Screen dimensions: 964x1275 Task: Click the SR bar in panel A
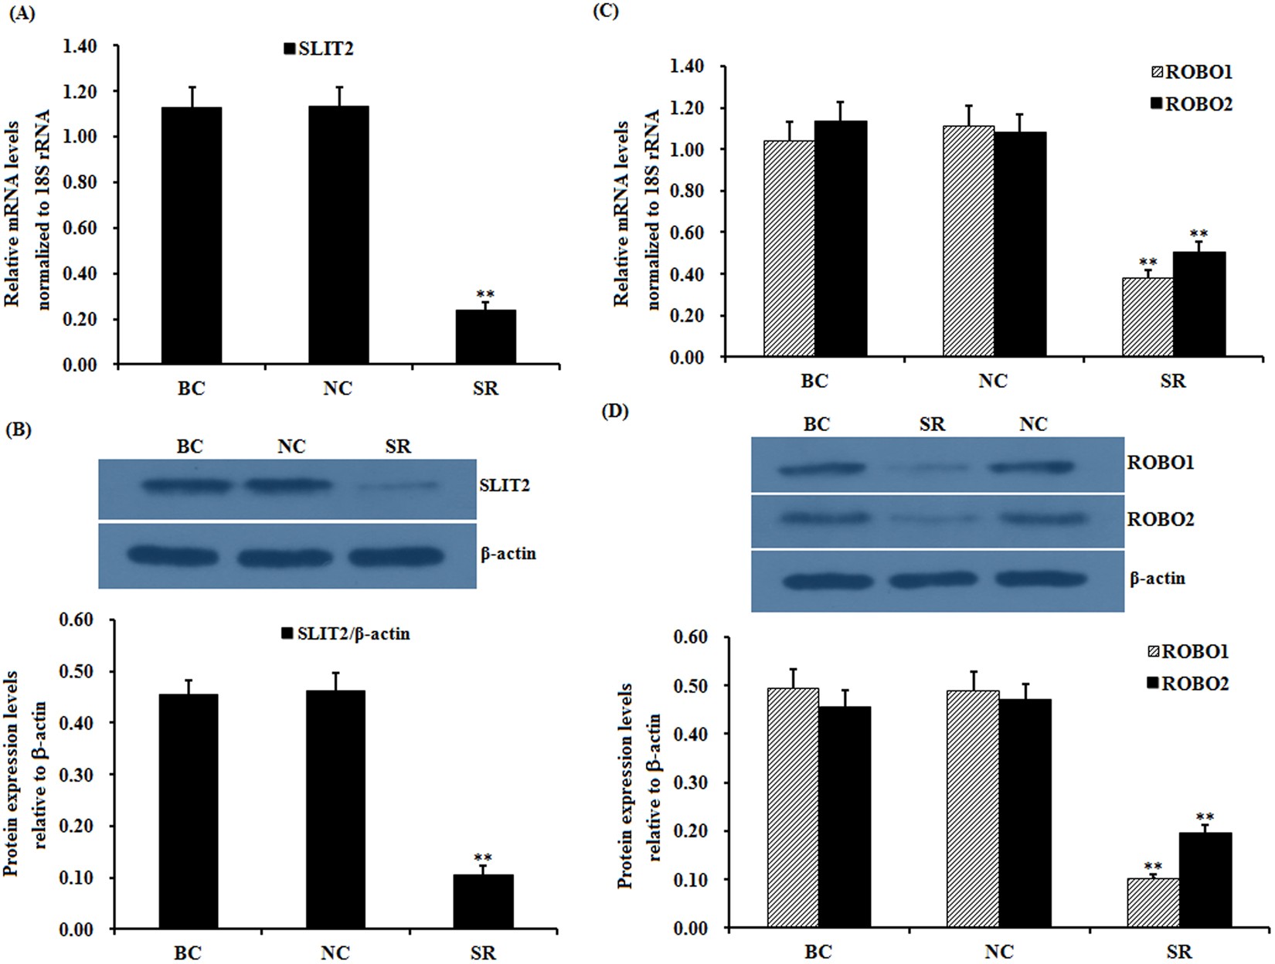[x=485, y=337]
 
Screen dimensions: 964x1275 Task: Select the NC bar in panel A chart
[x=338, y=236]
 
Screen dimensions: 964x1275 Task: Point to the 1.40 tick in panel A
[x=81, y=46]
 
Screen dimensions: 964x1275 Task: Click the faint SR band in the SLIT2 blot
[x=399, y=486]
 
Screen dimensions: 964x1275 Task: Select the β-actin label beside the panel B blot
[x=508, y=554]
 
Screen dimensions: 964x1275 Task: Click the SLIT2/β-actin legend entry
[x=345, y=634]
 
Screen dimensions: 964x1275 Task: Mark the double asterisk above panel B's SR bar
[x=483, y=857]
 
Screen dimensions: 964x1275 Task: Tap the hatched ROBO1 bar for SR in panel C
[x=1147, y=317]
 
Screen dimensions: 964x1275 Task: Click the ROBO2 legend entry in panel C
[x=1191, y=104]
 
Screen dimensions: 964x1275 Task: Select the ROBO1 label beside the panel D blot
[x=1161, y=463]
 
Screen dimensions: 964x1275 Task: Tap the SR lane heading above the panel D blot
[x=932, y=424]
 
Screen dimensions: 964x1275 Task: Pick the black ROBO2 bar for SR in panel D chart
[x=1205, y=881]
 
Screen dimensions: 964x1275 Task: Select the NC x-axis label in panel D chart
[x=998, y=952]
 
